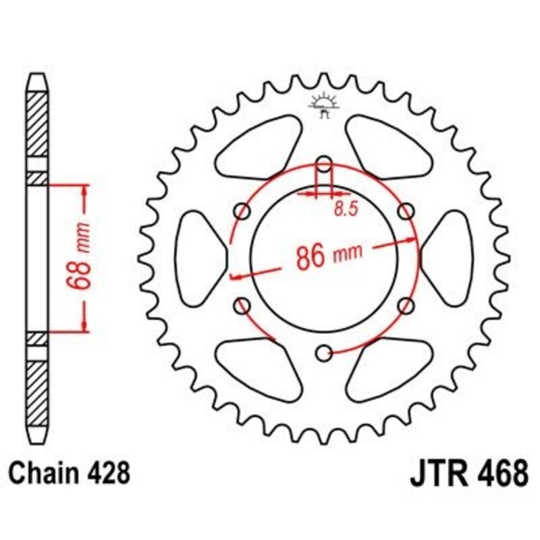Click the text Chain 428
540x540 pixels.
tap(71, 473)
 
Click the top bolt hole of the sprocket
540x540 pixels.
tap(324, 163)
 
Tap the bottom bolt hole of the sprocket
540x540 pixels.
tap(324, 351)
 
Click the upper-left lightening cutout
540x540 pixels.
tap(261, 146)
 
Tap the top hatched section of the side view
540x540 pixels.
tap(38, 126)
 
